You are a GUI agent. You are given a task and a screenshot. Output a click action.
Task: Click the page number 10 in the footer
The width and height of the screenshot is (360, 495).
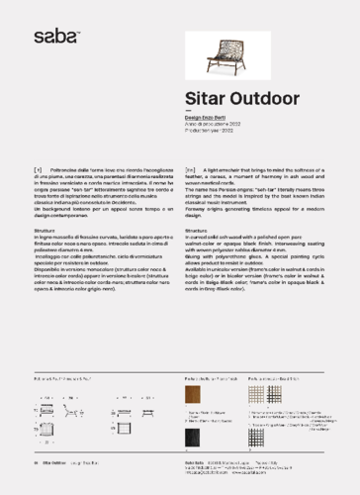[36, 462]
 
